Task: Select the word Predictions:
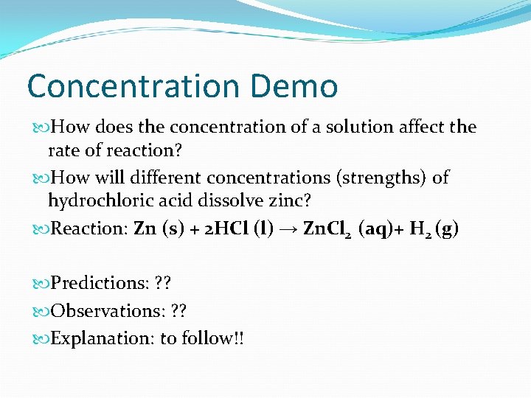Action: (x=100, y=284)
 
